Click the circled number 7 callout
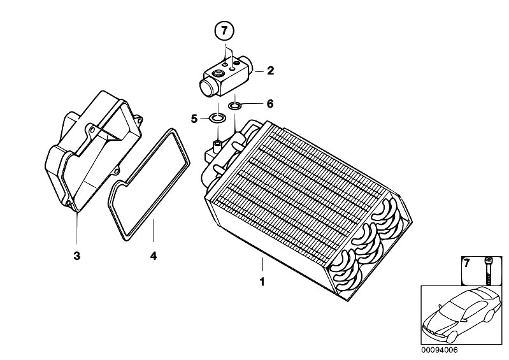click(x=224, y=31)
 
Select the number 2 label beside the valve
click(x=270, y=71)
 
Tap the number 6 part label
click(x=269, y=104)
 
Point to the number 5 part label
click(x=194, y=119)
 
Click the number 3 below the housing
click(x=76, y=256)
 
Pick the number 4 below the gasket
click(x=154, y=256)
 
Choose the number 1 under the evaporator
click(x=262, y=282)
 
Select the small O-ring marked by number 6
click(x=234, y=105)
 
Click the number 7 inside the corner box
click(x=466, y=264)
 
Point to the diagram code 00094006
click(x=439, y=350)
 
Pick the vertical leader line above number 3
click(x=77, y=228)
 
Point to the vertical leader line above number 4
click(x=154, y=231)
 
